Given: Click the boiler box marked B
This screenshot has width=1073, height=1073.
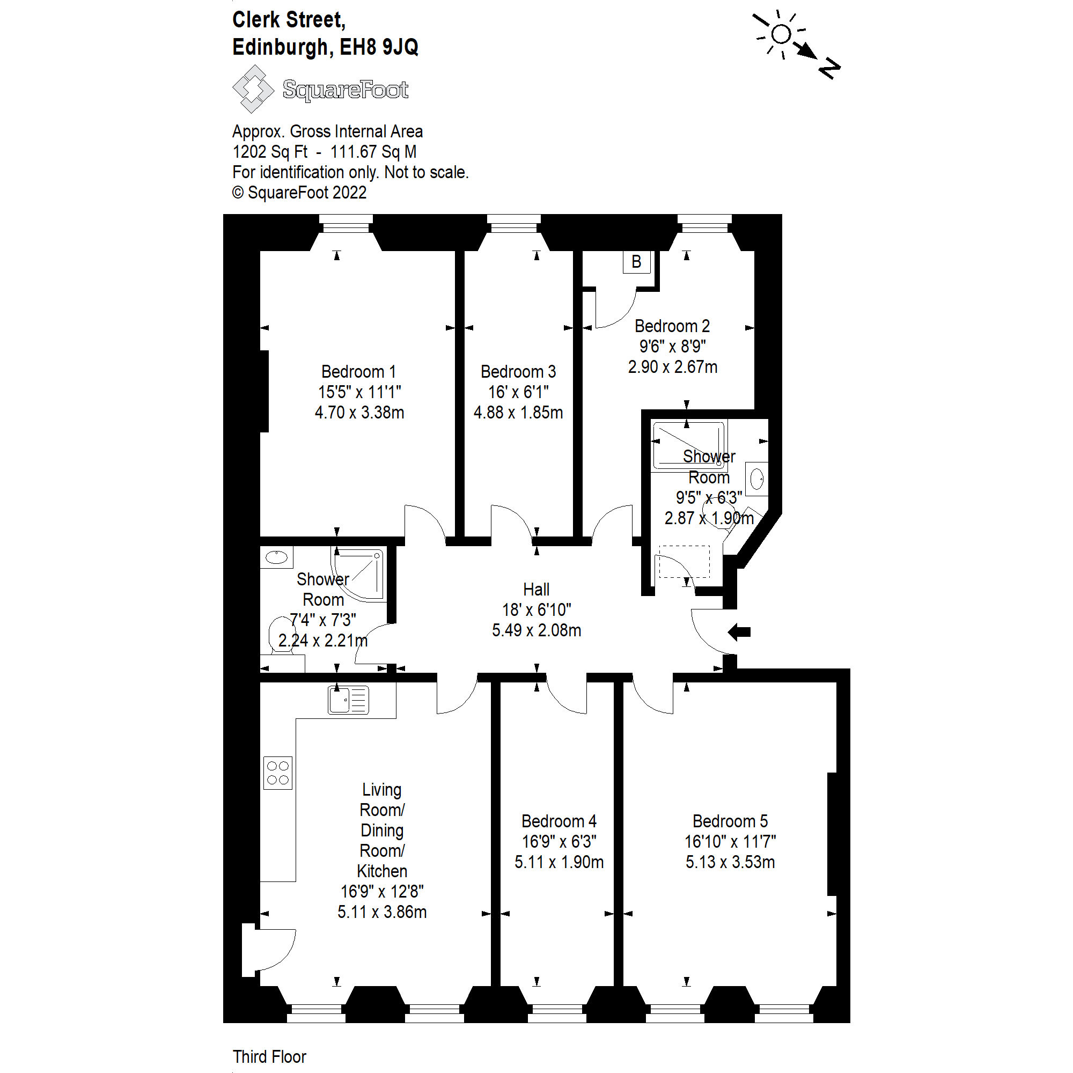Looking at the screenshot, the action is click(x=636, y=262).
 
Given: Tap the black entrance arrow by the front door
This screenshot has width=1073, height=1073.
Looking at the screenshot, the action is click(x=739, y=632).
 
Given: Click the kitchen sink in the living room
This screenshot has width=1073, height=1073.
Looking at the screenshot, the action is click(x=348, y=699).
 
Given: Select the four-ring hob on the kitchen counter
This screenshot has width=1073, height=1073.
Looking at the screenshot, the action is click(x=278, y=773).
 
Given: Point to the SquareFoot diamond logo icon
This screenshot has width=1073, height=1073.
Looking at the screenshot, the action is click(x=253, y=89).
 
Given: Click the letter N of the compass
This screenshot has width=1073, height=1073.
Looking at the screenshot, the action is click(x=829, y=68).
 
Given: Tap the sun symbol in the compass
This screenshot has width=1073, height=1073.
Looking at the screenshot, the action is click(x=781, y=34).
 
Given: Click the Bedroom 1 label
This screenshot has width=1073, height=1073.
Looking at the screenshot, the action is click(x=359, y=372).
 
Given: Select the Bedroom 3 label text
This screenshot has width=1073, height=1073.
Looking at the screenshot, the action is click(x=518, y=372).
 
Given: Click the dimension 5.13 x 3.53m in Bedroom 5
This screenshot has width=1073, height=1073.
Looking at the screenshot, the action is click(x=730, y=862).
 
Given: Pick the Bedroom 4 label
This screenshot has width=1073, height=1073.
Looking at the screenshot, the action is click(x=558, y=821).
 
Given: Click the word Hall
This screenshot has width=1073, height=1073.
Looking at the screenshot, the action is click(x=536, y=589).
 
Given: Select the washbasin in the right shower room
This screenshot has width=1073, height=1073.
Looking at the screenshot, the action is click(x=756, y=479).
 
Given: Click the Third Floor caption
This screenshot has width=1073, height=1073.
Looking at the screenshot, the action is click(x=269, y=1056).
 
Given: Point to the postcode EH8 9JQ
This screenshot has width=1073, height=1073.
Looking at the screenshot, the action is click(x=379, y=47).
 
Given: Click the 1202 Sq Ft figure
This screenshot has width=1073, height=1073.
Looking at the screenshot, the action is click(x=270, y=152).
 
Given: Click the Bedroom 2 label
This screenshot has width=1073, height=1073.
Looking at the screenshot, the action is click(x=672, y=326).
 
